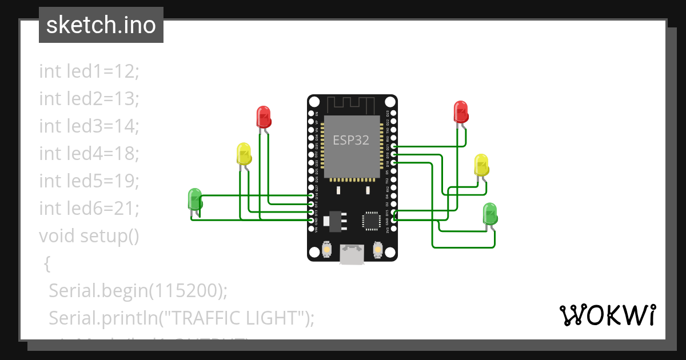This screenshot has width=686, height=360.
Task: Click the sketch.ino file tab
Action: tap(101, 25)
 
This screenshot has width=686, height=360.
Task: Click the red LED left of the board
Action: tap(263, 116)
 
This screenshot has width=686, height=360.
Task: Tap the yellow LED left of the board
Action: tap(244, 154)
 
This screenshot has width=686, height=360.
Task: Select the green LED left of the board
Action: tap(195, 199)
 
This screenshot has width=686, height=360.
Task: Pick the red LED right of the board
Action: tap(461, 111)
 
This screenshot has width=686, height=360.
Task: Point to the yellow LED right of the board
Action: tap(481, 165)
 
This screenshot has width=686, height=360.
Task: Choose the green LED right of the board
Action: tap(490, 213)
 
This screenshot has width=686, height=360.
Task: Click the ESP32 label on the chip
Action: tap(351, 140)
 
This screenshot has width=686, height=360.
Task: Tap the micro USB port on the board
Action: tap(352, 254)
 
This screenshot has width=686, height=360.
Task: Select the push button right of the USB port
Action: tap(377, 249)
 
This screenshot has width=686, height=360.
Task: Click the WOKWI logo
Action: tap(607, 315)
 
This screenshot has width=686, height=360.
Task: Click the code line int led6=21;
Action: tap(89, 208)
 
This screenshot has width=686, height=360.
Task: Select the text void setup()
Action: tap(89, 235)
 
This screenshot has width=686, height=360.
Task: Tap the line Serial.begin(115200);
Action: tap(138, 290)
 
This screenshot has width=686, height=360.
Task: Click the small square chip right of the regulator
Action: tap(371, 220)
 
